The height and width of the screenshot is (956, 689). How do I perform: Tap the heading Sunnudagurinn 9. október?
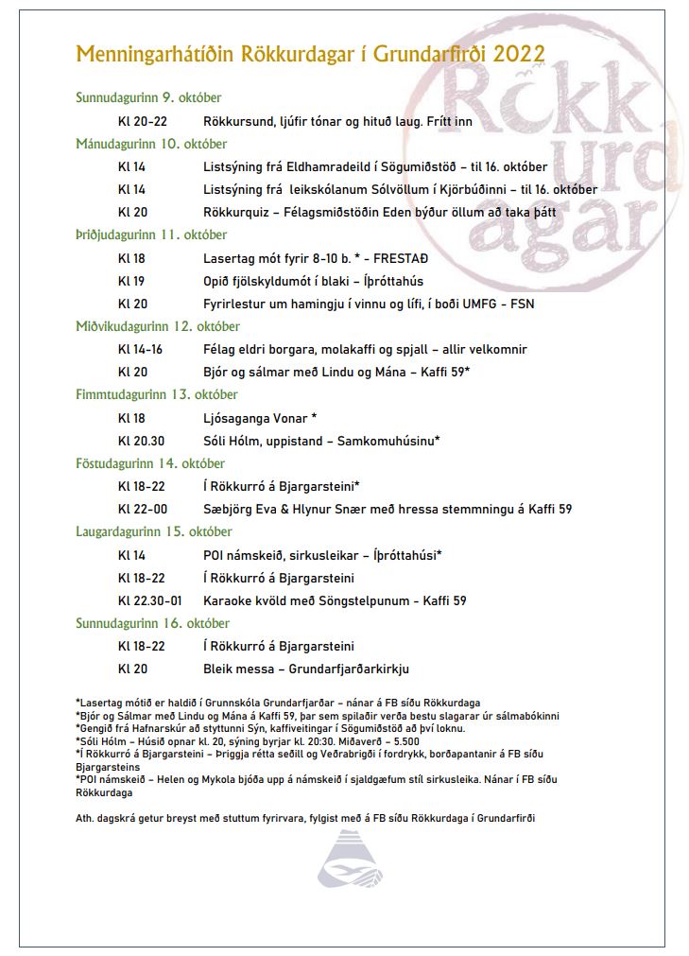click(x=148, y=97)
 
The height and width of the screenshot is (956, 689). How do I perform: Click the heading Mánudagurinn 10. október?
click(x=151, y=144)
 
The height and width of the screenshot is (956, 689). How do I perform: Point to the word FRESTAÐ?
click(x=404, y=258)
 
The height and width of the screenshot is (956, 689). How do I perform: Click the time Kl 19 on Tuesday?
click(x=131, y=281)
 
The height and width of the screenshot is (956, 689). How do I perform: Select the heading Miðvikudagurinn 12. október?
click(x=156, y=326)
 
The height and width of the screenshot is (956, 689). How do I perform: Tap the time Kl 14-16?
click(x=140, y=349)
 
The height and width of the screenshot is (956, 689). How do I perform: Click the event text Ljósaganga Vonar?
click(x=255, y=418)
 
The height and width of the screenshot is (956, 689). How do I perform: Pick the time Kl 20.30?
click(x=141, y=441)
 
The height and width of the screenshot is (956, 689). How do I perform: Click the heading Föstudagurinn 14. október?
click(x=150, y=463)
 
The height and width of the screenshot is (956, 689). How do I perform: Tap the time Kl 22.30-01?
click(x=149, y=600)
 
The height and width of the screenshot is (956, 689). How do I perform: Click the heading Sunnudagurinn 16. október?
click(x=152, y=623)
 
